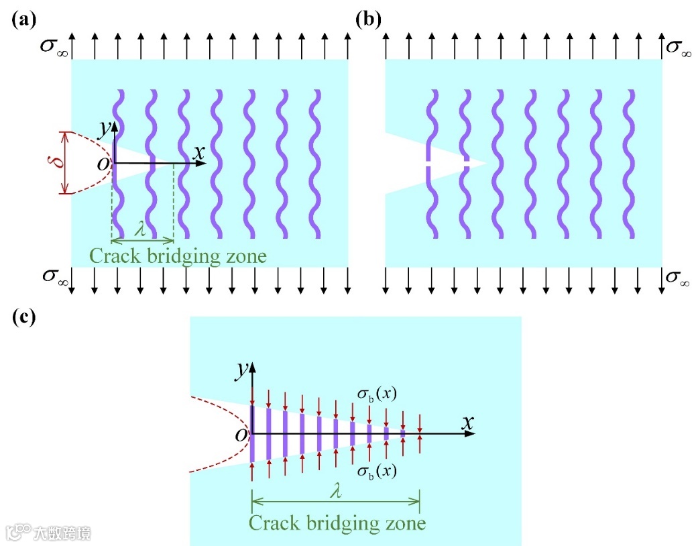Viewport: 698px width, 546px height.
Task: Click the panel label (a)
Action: point(23,19)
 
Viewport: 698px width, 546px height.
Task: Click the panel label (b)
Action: point(368,19)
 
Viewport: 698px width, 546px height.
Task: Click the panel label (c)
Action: point(23,317)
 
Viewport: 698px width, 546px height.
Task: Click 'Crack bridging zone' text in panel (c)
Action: point(337,523)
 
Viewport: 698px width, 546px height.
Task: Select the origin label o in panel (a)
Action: point(103,164)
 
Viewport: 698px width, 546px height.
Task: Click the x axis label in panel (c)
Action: point(468,423)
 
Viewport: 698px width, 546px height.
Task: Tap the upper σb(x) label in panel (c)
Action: point(376,395)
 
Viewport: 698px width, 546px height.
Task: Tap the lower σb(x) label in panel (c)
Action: point(376,471)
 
